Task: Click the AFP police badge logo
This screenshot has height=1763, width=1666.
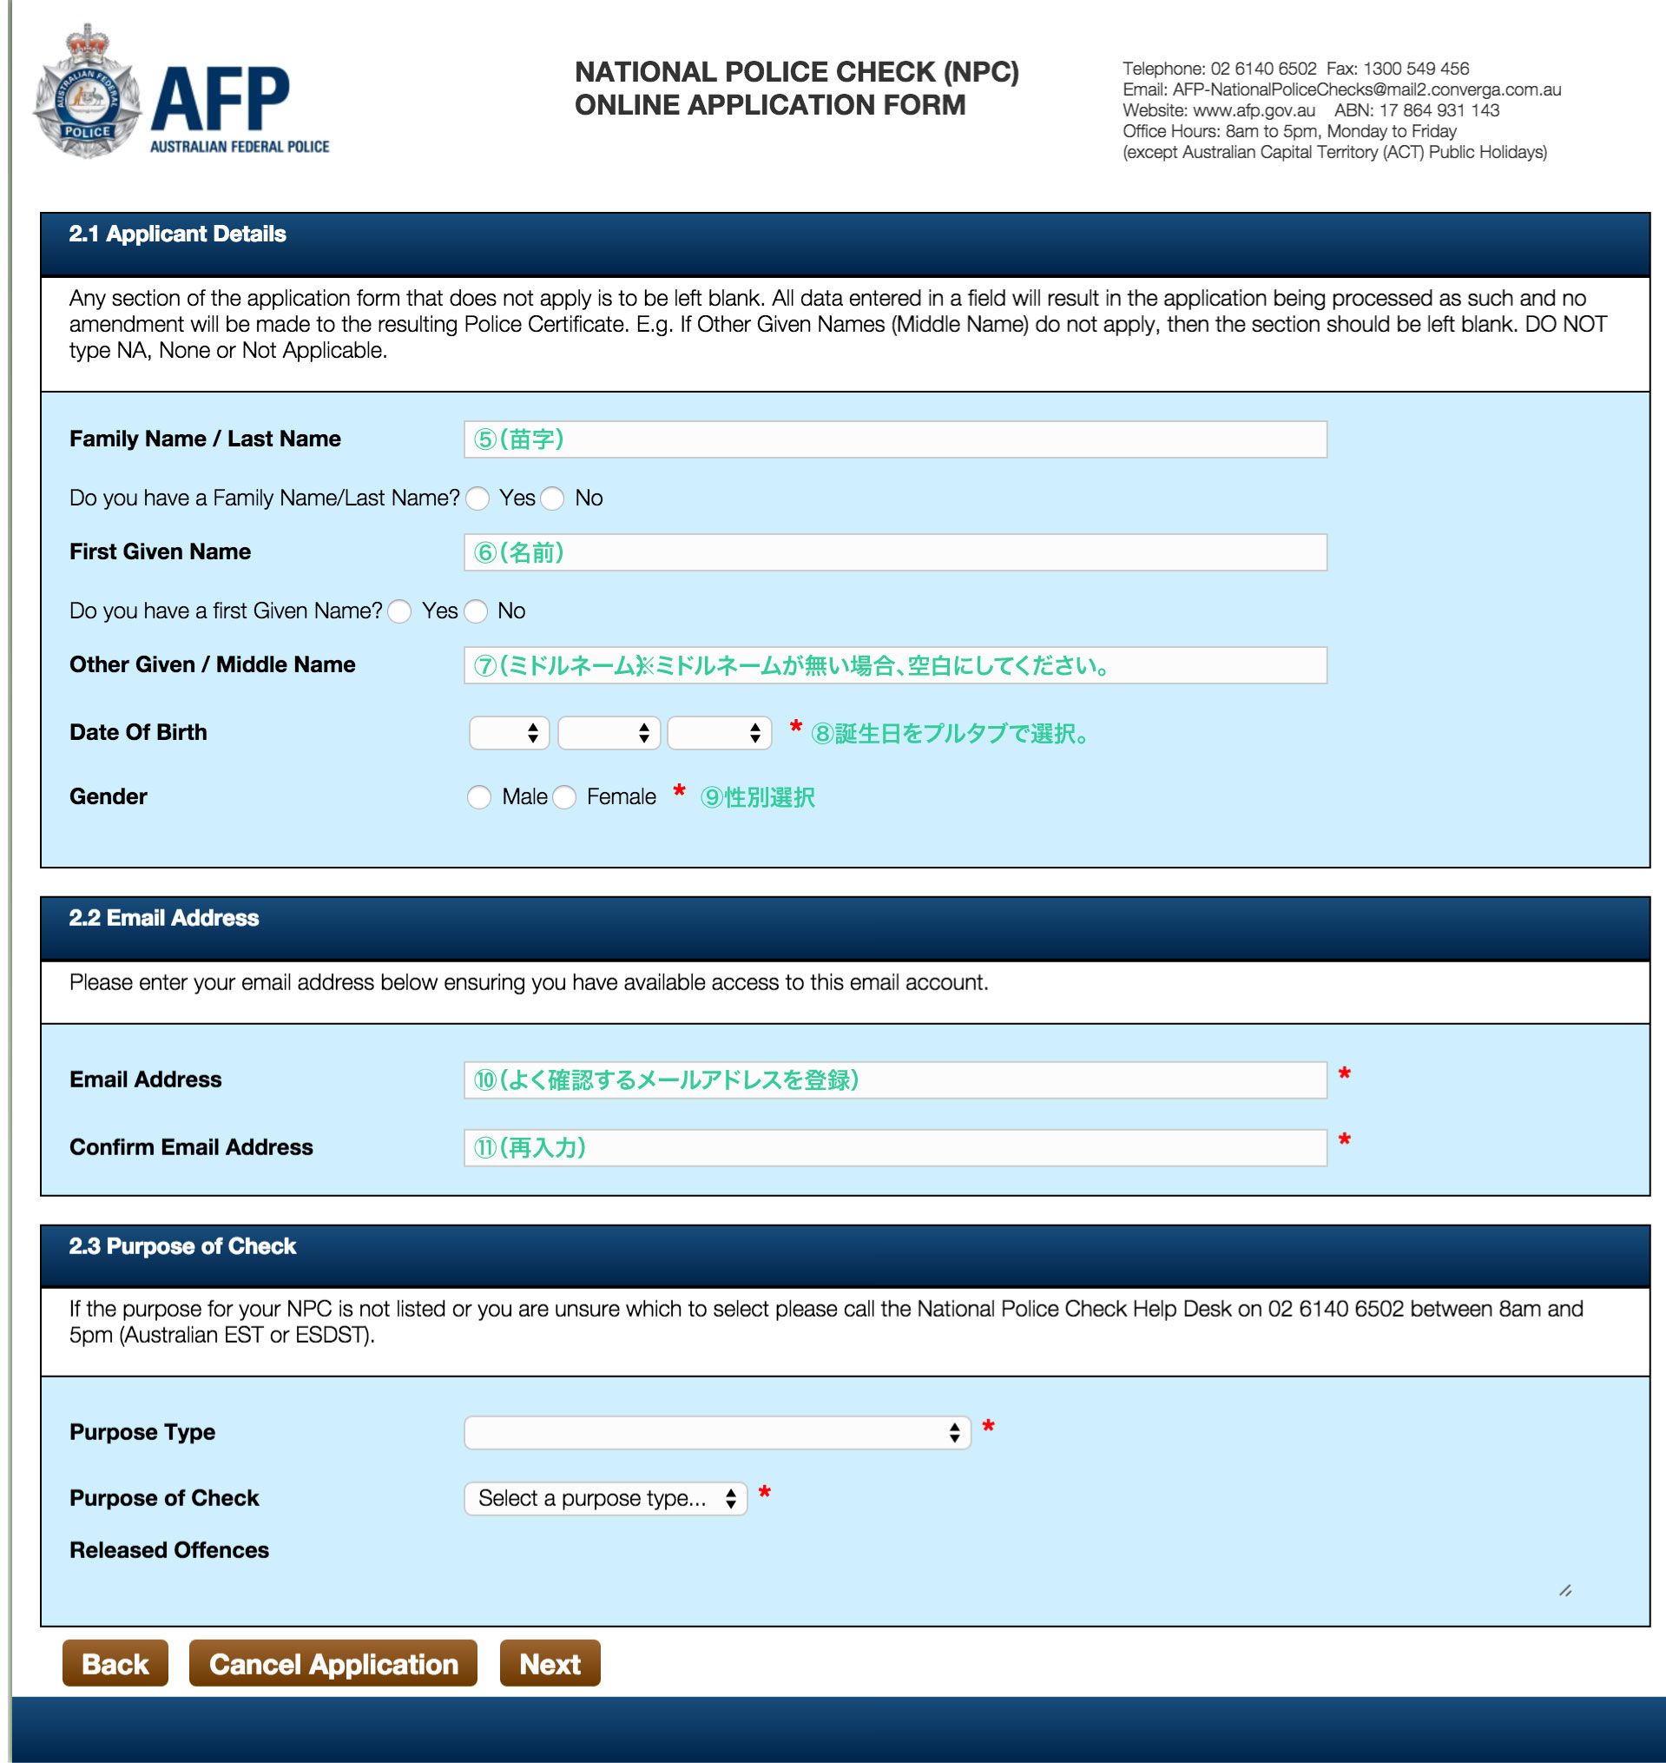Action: tap(87, 92)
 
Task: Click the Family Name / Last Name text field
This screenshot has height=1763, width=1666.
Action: tap(894, 439)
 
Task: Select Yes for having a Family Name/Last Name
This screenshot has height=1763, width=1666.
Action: tap(477, 499)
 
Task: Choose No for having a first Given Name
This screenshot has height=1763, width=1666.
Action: tap(477, 612)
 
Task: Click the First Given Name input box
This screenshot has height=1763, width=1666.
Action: tap(894, 552)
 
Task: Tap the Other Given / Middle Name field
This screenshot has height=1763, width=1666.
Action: tap(894, 665)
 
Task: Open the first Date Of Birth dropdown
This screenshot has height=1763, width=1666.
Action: tap(509, 734)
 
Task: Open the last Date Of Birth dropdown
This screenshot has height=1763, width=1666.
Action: tap(719, 734)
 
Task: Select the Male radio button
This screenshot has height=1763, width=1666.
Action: tap(479, 797)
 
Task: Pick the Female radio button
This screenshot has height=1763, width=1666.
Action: tap(565, 797)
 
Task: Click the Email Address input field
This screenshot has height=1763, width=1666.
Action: tap(894, 1080)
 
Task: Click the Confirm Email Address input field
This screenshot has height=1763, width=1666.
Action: tap(894, 1147)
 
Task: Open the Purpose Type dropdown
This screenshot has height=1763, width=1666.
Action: tap(716, 1433)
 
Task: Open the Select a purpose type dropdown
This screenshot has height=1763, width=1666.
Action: tap(605, 1499)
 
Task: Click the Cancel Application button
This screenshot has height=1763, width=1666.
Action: tap(333, 1663)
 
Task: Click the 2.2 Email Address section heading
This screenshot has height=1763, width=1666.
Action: tap(164, 918)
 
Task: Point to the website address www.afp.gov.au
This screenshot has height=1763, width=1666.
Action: tap(1253, 111)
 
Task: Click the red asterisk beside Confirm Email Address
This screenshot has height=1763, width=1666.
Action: tap(1345, 1140)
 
